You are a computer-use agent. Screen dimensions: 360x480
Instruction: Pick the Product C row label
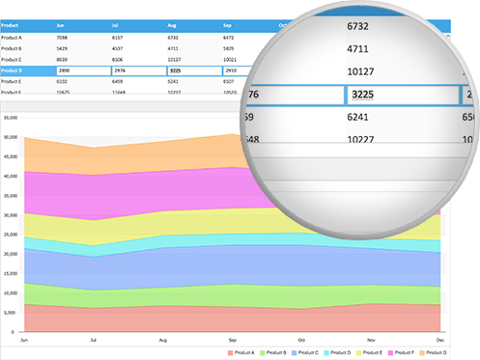13,59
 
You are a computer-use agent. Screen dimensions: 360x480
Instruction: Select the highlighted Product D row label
13,70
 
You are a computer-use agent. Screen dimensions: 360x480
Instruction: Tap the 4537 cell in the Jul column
118,47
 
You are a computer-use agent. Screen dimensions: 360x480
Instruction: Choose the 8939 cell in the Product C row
63,59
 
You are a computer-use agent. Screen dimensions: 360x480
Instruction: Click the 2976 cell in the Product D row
119,70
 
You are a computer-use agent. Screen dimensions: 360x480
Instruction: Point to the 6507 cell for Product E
230,82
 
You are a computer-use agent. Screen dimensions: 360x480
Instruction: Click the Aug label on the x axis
162,341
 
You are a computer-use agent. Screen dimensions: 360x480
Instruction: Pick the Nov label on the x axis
372,341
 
